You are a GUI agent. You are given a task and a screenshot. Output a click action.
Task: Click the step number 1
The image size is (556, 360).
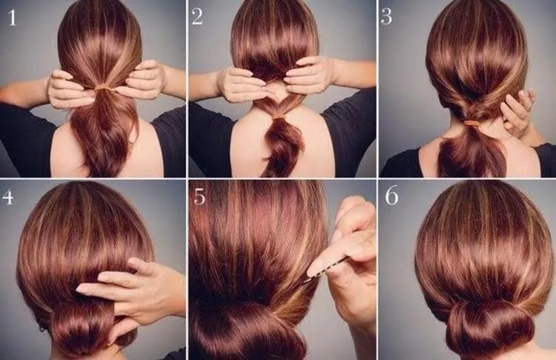pyautogui.click(x=13, y=18)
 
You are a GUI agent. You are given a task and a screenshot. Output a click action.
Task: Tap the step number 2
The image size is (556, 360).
pyautogui.click(x=197, y=16)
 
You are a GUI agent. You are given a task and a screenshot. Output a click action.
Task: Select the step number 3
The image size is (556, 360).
pyautogui.click(x=386, y=16)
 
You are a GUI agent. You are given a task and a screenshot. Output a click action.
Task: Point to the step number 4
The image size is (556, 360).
pyautogui.click(x=8, y=197)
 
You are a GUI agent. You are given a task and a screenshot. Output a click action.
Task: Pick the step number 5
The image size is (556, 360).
pyautogui.click(x=199, y=197)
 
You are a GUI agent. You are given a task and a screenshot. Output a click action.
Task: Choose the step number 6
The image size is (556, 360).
pyautogui.click(x=391, y=196)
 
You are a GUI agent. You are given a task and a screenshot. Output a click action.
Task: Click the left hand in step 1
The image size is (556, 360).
pyautogui.click(x=67, y=90)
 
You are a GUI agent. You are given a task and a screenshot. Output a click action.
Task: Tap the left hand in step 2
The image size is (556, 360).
pyautogui.click(x=241, y=86)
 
